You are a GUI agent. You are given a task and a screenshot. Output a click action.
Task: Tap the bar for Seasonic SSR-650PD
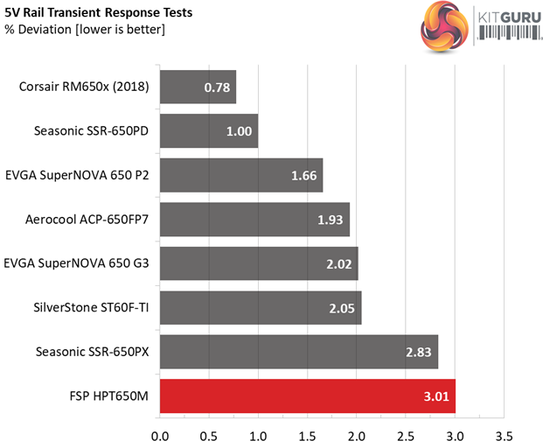[209, 130]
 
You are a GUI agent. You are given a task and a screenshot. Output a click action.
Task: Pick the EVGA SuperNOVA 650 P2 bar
[241, 175]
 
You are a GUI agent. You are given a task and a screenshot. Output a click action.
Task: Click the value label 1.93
[331, 219]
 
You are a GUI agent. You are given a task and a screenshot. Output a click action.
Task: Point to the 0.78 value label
[218, 87]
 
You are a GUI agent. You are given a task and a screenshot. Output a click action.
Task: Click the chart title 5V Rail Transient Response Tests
[99, 12]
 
